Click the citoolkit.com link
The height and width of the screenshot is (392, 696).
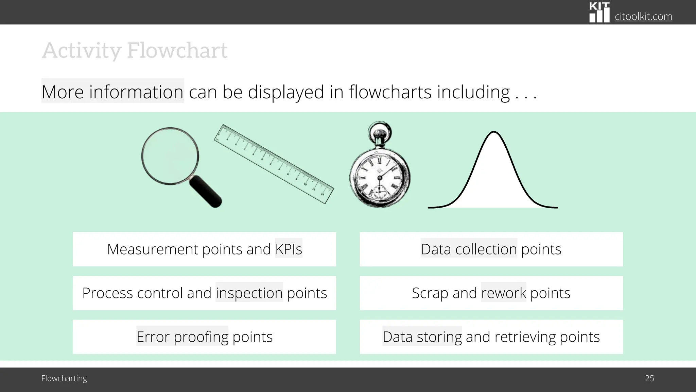[643, 16]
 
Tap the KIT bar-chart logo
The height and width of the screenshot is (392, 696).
[599, 13]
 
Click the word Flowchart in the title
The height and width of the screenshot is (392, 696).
[177, 50]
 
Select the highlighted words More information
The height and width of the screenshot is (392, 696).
[112, 92]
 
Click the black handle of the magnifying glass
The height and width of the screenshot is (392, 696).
[205, 192]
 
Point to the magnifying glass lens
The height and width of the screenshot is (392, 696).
[170, 156]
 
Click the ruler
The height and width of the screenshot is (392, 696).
[274, 164]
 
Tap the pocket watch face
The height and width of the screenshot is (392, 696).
[380, 177]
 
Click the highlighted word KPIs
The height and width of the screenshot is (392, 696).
[289, 249]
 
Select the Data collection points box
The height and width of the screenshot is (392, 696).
[491, 249]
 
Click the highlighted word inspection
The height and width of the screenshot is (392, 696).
[249, 293]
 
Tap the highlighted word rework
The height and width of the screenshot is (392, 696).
[503, 293]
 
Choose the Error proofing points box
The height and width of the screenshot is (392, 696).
[204, 337]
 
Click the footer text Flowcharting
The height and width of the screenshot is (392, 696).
[64, 378]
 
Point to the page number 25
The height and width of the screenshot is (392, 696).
[649, 378]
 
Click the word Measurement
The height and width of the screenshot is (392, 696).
[152, 249]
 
